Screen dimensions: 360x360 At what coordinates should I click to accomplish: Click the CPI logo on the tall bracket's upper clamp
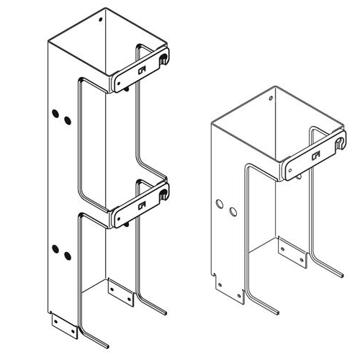[142, 70]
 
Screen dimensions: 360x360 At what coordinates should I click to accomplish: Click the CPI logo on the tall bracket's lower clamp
[141, 207]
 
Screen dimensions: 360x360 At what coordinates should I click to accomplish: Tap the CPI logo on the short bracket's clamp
[315, 155]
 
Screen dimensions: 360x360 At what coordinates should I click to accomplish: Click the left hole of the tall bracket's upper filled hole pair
[54, 113]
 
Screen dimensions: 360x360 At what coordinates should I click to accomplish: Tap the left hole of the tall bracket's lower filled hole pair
[54, 248]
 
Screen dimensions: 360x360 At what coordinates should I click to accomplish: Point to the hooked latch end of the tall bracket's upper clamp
[166, 56]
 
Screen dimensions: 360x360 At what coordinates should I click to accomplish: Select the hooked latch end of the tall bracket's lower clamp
[166, 194]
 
